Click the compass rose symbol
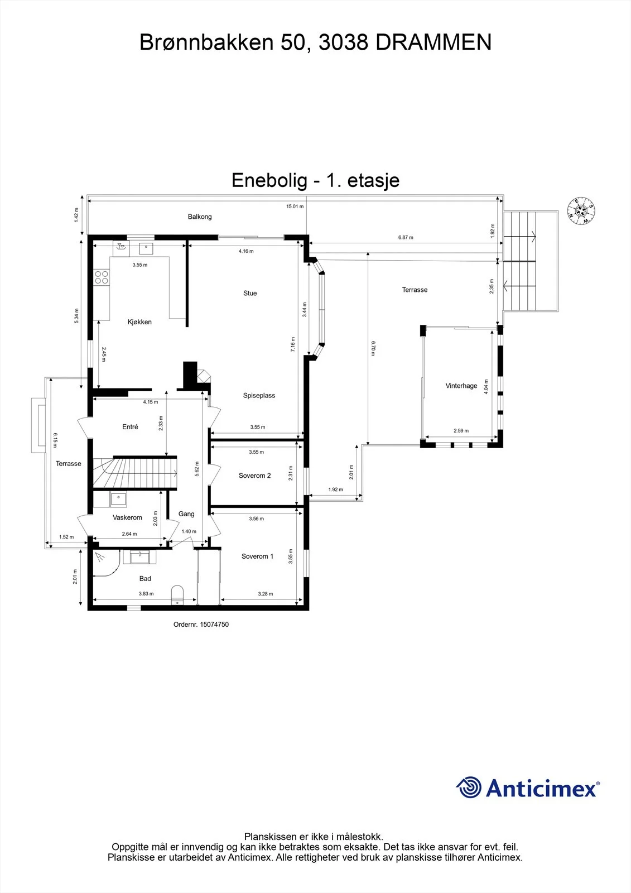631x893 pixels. click(581, 211)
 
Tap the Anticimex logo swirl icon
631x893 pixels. click(468, 788)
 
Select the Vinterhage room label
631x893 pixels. click(461, 386)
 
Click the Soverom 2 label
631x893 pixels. click(255, 475)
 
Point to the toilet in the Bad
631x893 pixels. click(177, 594)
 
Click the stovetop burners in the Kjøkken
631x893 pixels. click(101, 277)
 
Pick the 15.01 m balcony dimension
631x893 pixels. click(295, 206)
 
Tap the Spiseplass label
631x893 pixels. click(259, 396)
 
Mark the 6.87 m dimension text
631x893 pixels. click(406, 237)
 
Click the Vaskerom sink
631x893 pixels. click(118, 499)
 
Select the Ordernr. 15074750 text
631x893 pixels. click(201, 625)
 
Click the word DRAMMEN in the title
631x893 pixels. click(433, 42)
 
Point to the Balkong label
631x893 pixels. click(200, 217)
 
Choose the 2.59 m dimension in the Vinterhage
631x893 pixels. click(461, 430)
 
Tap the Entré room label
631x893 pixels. click(130, 426)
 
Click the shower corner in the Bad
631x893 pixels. click(105, 563)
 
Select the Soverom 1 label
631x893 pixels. click(258, 556)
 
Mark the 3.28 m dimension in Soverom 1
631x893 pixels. click(266, 594)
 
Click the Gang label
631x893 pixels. click(186, 514)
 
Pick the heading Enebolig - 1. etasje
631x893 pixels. click(315, 180)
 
